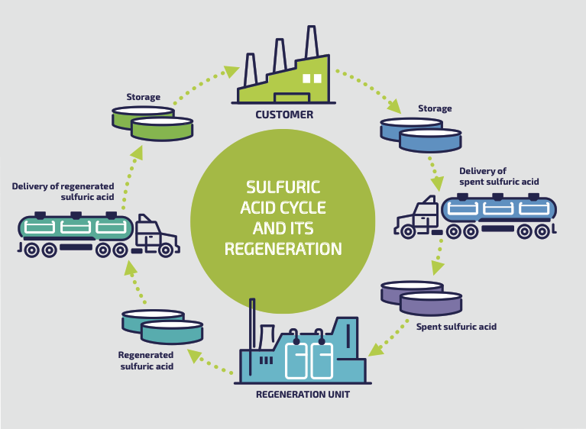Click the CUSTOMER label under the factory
pos(284,115)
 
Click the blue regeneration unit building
pos(305,355)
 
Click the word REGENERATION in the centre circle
pos(282,249)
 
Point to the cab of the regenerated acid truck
pos(157,234)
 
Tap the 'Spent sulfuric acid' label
pos(456,327)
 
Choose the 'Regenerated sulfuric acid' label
pos(146,361)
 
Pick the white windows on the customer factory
pos(312,78)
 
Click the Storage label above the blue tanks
pos(434,108)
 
